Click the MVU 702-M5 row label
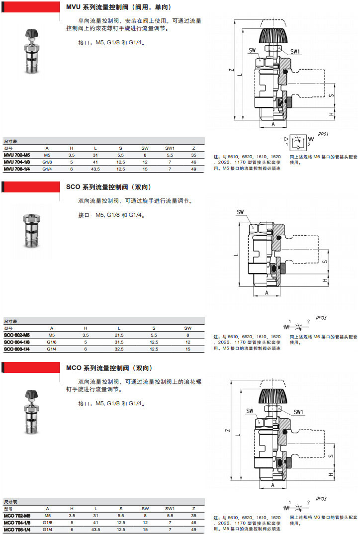[x=17, y=155]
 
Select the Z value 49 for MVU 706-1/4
[x=193, y=169]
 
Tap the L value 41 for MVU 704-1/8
[x=95, y=162]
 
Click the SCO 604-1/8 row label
[x=17, y=342]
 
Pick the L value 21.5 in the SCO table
[x=119, y=335]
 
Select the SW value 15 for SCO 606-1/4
[x=188, y=349]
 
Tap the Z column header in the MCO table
[x=193, y=509]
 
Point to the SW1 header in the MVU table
[x=170, y=148]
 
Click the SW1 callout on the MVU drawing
[x=295, y=51]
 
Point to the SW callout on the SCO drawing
[x=241, y=212]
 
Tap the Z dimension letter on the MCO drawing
[x=227, y=430]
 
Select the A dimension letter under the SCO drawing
[x=267, y=293]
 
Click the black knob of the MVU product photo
[x=31, y=34]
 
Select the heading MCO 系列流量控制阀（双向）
[x=109, y=368]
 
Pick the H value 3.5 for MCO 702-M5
[x=72, y=516]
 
